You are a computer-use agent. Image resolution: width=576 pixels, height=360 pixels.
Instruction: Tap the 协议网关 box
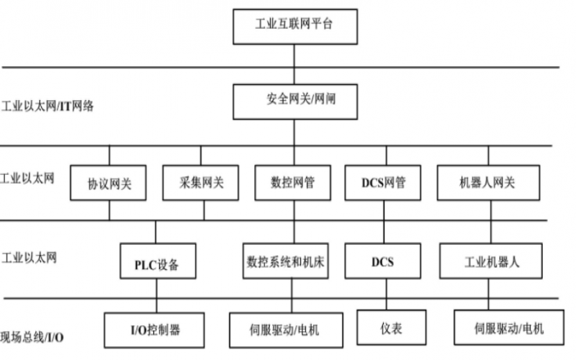109,182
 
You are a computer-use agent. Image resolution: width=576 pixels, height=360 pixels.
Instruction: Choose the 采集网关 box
201,182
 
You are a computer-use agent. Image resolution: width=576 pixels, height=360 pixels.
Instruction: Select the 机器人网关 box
487,182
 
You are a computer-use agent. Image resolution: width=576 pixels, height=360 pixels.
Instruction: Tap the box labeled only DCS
382,262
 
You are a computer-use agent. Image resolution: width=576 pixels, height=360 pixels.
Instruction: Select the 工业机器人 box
490,262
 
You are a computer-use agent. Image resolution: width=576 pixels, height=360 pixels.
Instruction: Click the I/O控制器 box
155,330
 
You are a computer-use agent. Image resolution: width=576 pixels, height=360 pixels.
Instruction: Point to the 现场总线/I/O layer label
36,337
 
